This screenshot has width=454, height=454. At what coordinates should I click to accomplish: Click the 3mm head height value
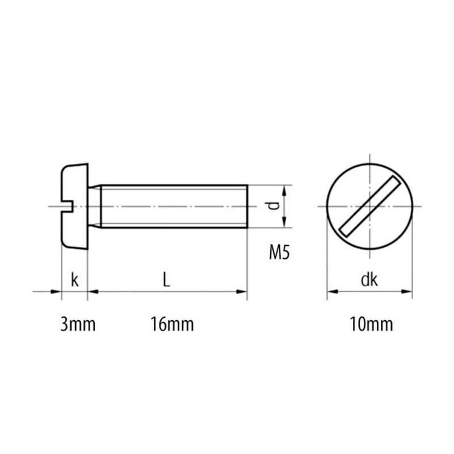[x=78, y=324]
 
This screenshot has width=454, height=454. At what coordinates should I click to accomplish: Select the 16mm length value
[x=172, y=324]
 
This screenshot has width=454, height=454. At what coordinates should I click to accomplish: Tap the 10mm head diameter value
[x=372, y=324]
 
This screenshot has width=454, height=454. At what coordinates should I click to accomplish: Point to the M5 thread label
[x=279, y=252]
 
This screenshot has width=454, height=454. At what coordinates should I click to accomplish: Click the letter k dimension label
[x=75, y=280]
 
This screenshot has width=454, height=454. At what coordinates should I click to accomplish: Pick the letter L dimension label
[x=166, y=280]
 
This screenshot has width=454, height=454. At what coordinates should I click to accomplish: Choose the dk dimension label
[x=369, y=280]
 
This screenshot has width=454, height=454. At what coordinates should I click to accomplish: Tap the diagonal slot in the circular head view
[x=370, y=206]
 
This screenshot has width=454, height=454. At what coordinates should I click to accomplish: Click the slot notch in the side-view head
[x=68, y=206]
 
